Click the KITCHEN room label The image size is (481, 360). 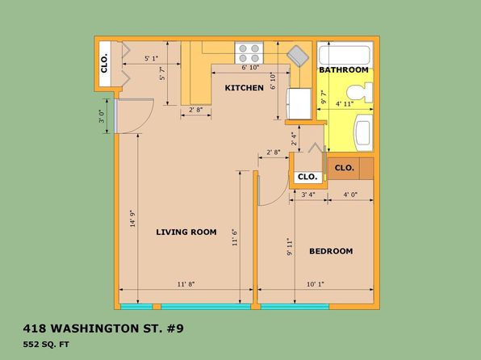coord(245,88)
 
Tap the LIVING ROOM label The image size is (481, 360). coord(186,232)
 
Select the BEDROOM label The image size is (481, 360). coord(331,251)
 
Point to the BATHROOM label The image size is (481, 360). coord(344,70)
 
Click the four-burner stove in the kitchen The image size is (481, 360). coord(249,53)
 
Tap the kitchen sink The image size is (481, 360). coord(298,56)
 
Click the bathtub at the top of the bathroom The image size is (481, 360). coord(345,55)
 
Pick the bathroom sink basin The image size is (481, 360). coord(364,133)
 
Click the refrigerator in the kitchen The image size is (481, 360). coord(299,103)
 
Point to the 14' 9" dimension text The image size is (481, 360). coord(132,219)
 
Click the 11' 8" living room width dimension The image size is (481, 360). coord(186,284)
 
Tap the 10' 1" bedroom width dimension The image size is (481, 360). coord(316,284)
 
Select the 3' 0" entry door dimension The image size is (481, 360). coord(102,116)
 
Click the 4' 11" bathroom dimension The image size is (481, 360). coord(345,104)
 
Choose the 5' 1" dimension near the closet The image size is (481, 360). coord(151,58)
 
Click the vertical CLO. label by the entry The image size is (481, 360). coord(104,63)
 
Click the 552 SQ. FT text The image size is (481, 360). coord(46,345)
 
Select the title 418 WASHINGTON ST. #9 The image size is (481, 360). coord(103,329)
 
